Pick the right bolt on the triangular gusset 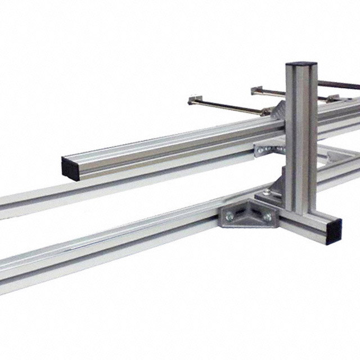pyautogui.click(x=267, y=217)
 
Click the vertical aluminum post pyautogui.click(x=301, y=141)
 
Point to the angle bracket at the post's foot pyautogui.click(x=272, y=186)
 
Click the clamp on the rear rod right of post pyautogui.click(x=332, y=98)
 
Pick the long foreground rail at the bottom pyautogui.click(x=112, y=253)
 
